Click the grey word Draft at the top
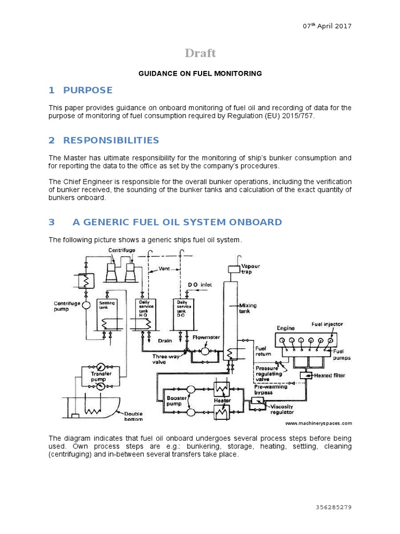click(x=201, y=53)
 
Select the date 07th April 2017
click(x=327, y=27)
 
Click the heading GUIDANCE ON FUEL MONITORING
click(x=200, y=74)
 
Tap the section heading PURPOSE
click(x=87, y=90)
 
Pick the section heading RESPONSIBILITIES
click(x=111, y=140)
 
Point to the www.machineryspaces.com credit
click(x=318, y=423)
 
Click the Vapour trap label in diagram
click(x=250, y=269)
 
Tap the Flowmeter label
click(x=206, y=337)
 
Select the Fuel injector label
click(x=327, y=324)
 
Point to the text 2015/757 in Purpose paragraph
click(x=298, y=117)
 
